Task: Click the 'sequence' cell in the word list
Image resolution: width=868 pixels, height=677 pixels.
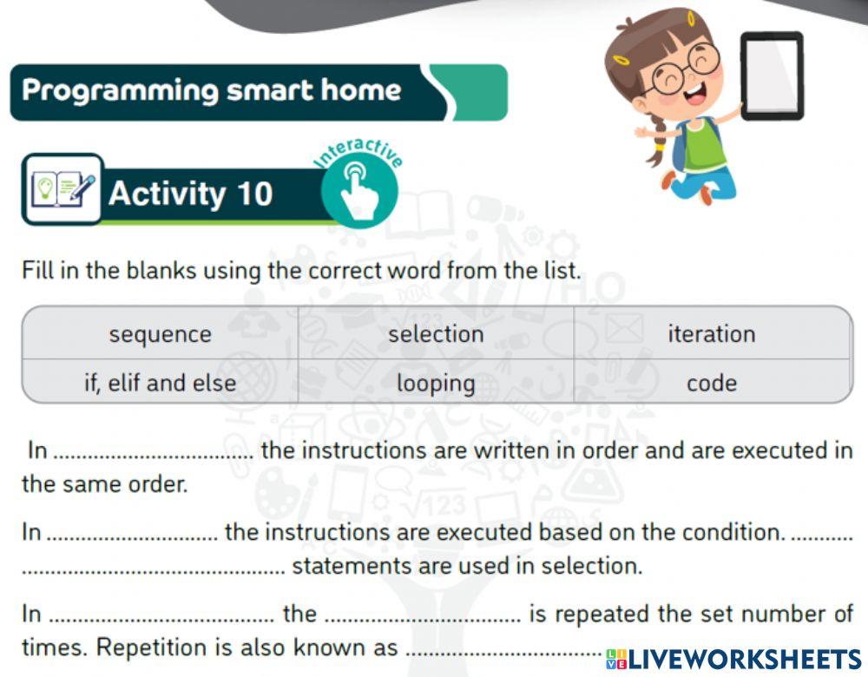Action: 160,334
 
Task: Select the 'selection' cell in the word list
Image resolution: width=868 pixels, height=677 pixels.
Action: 436,334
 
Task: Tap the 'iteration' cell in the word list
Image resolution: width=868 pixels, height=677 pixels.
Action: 712,334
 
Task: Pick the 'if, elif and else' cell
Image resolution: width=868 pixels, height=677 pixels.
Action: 160,383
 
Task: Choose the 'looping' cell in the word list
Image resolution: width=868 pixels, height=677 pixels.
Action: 436,383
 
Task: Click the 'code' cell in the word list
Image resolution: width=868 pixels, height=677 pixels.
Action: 712,383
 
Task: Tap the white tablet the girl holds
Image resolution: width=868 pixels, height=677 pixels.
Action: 772,76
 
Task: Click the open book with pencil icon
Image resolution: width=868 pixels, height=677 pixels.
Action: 62,188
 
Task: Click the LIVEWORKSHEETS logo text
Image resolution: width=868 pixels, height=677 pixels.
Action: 734,660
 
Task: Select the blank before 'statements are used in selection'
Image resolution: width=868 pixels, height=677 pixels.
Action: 154,572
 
